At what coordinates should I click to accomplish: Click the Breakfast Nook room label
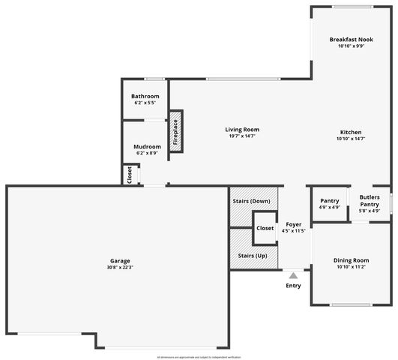point(351,39)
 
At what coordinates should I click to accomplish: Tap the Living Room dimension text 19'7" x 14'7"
point(242,136)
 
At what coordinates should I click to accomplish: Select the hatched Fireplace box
point(175,132)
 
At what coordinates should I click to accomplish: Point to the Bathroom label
point(145,96)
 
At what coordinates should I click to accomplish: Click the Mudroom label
point(147,146)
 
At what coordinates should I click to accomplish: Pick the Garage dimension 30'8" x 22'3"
point(120,268)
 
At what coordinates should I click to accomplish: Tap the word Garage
point(120,260)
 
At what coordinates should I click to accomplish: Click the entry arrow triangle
point(293,276)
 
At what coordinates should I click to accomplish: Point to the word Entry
point(293,285)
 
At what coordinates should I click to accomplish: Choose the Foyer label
point(293,223)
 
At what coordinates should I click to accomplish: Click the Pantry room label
point(330,200)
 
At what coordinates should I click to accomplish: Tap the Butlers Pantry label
point(370,200)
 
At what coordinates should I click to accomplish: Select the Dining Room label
point(351,260)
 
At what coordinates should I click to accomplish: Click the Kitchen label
point(351,132)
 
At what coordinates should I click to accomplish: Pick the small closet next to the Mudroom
point(130,175)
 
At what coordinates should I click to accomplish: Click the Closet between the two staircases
point(265,228)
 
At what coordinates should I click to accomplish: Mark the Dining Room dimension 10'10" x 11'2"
point(351,268)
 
